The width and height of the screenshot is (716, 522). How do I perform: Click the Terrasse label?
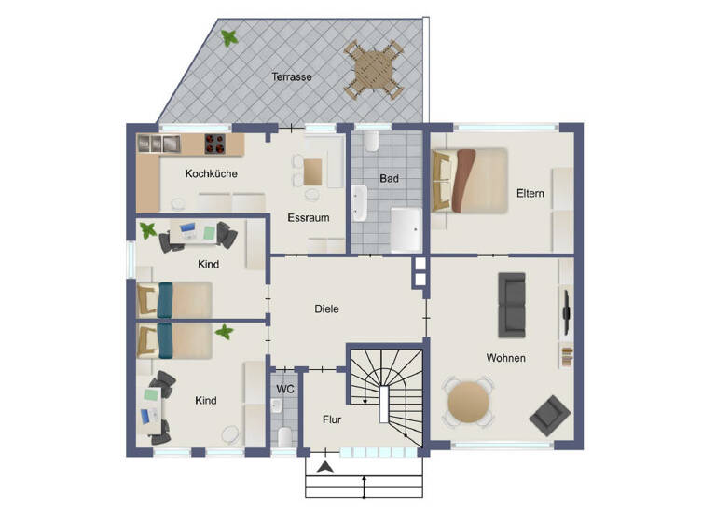[x=291, y=76]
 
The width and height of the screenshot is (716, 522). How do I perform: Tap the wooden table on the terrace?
[x=373, y=68]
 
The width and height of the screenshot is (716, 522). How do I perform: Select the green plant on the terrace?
[x=227, y=38]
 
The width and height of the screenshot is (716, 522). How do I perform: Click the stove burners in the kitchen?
[x=216, y=144]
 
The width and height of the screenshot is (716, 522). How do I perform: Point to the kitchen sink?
[x=159, y=144]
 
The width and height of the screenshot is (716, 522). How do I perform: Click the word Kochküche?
[x=211, y=173]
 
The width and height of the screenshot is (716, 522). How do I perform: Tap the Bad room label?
[x=389, y=177]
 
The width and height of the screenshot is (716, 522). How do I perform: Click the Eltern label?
[x=530, y=194]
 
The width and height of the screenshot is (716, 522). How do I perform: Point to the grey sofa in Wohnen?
[x=512, y=304]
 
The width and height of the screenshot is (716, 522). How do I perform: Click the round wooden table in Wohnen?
[x=468, y=403]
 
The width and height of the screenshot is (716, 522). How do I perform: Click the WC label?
[x=284, y=389]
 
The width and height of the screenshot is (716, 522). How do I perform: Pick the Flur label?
[x=331, y=419]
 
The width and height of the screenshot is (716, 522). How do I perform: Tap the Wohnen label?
[x=505, y=358]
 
